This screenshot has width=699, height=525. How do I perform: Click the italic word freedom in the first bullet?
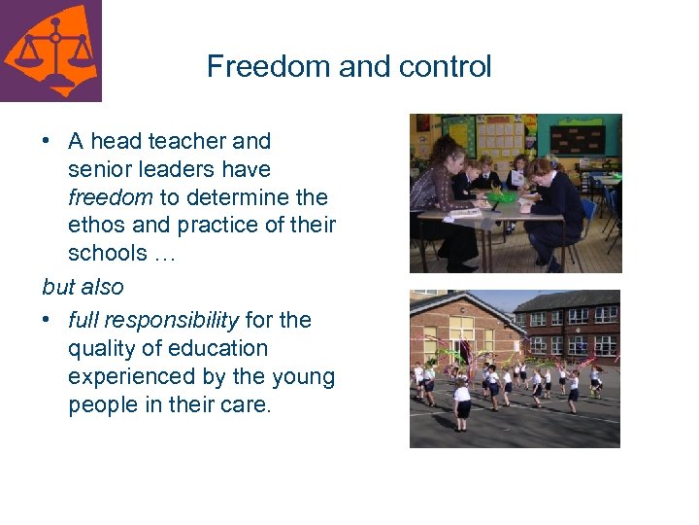(x=110, y=197)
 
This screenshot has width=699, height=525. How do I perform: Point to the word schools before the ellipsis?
(x=105, y=254)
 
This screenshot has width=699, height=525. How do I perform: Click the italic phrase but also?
(x=83, y=287)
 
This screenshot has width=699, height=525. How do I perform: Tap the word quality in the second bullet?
(x=98, y=348)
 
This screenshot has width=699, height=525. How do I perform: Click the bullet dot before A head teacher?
(x=47, y=142)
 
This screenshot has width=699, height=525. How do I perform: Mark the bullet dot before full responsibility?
(x=47, y=321)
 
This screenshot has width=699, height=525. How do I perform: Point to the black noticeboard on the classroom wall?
(x=577, y=138)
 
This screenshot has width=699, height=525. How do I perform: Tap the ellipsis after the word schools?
(x=163, y=255)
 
